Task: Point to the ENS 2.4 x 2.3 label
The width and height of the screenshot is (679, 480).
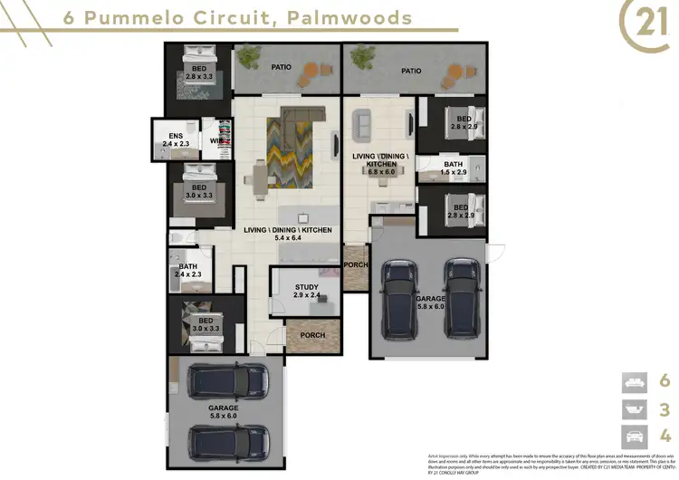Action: [x=175, y=139]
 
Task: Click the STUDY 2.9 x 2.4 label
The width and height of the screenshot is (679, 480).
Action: [x=306, y=291]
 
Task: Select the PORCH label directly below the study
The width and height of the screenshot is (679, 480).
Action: [x=311, y=335]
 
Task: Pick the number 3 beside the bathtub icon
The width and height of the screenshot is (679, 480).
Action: [x=664, y=408]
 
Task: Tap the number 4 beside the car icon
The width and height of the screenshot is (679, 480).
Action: [x=664, y=436]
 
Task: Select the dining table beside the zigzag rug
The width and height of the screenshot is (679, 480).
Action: [x=260, y=177]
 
